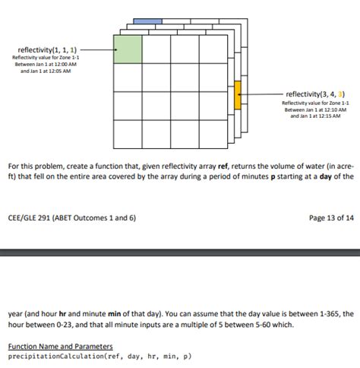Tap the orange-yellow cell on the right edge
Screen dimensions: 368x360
click(238, 94)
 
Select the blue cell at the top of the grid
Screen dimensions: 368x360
click(147, 21)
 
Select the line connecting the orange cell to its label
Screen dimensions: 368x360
click(262, 94)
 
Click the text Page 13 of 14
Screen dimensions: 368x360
click(331, 217)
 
